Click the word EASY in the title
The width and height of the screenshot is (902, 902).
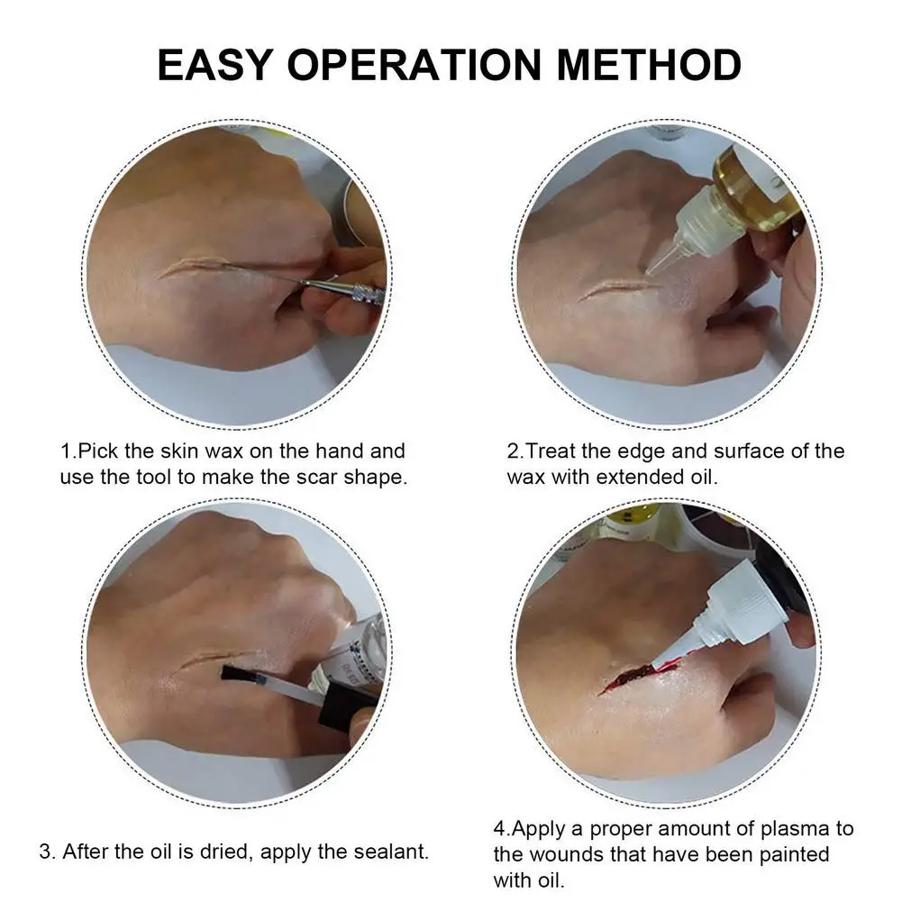[215, 65]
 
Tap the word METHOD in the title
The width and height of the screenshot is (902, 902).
[649, 65]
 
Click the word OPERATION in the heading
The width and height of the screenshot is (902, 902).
[415, 65]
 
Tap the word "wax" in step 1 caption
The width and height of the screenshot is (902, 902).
[224, 451]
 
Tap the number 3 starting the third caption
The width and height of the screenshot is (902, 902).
[45, 852]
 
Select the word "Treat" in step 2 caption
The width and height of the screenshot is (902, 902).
[550, 451]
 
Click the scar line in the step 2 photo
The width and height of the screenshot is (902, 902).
[615, 288]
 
